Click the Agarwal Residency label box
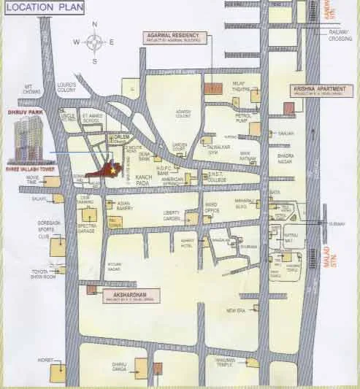175,36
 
